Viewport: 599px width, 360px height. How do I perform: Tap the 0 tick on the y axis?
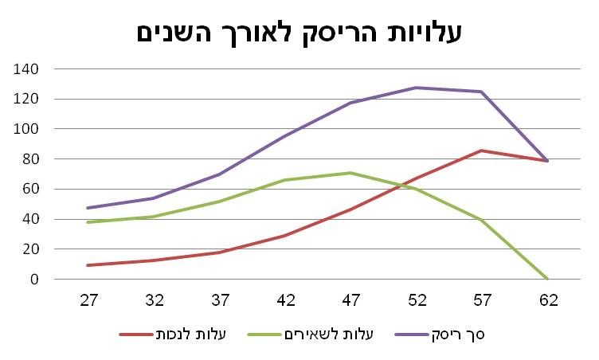tap(33, 280)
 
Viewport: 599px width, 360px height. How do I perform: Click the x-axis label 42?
tap(286, 300)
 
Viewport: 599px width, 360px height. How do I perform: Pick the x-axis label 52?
tap(417, 300)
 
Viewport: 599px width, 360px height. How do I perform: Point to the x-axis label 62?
tap(547, 300)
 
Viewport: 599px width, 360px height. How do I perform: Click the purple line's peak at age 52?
tap(417, 88)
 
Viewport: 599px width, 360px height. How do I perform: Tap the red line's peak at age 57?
tap(482, 151)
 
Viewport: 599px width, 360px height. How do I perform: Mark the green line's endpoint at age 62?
tap(547, 279)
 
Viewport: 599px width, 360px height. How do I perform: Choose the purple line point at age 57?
tap(482, 92)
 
